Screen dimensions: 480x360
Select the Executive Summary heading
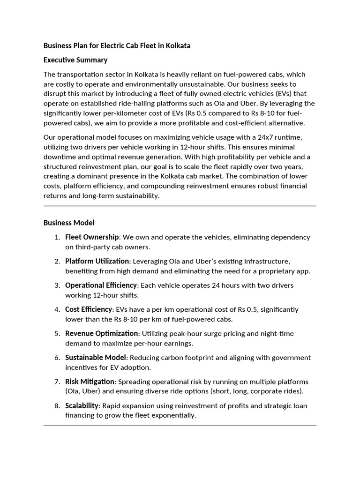(x=75, y=60)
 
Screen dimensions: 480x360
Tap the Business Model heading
(x=69, y=223)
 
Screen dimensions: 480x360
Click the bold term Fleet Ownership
(x=92, y=237)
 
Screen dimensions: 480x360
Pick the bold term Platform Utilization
(x=97, y=261)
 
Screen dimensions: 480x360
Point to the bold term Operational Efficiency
(x=101, y=285)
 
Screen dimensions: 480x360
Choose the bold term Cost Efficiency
(x=89, y=309)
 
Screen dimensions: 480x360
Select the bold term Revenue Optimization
(x=102, y=334)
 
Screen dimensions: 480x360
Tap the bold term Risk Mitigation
(x=90, y=382)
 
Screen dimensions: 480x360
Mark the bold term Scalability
(x=82, y=406)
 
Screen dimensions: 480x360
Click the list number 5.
(x=57, y=334)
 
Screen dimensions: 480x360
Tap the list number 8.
(x=57, y=406)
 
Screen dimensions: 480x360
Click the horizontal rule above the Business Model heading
(x=180, y=206)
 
